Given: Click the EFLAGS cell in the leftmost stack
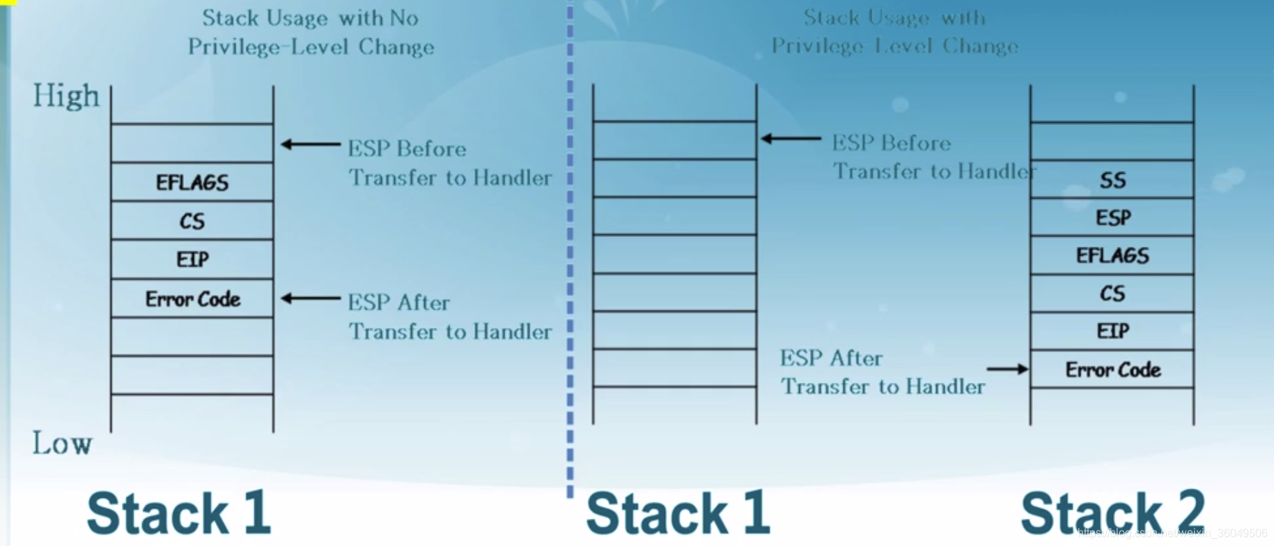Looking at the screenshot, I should [x=192, y=183].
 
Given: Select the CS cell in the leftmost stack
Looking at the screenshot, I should [x=192, y=221].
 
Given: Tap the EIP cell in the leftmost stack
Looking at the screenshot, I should [x=192, y=259].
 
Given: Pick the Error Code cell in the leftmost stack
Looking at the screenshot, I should [x=192, y=299].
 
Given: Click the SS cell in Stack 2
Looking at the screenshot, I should [x=1112, y=181].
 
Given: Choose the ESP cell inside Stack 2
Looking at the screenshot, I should [x=1112, y=218].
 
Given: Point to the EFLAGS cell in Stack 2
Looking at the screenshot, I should [x=1112, y=256].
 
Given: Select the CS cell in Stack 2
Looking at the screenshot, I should [x=1112, y=294].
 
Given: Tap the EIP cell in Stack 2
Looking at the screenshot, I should [x=1112, y=331].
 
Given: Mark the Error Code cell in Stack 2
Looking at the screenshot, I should [x=1112, y=370].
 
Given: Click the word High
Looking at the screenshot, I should [x=66, y=96].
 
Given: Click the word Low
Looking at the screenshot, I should [x=62, y=443].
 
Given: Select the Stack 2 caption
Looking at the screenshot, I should [x=1112, y=513].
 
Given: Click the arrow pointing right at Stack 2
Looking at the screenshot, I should [x=1007, y=369].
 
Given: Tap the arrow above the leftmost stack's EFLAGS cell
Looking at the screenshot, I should [x=310, y=144].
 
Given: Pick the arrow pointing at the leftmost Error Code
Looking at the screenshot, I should [x=310, y=298].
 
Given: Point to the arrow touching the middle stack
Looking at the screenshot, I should [x=791, y=139].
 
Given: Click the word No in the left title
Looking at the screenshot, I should [x=404, y=17].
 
